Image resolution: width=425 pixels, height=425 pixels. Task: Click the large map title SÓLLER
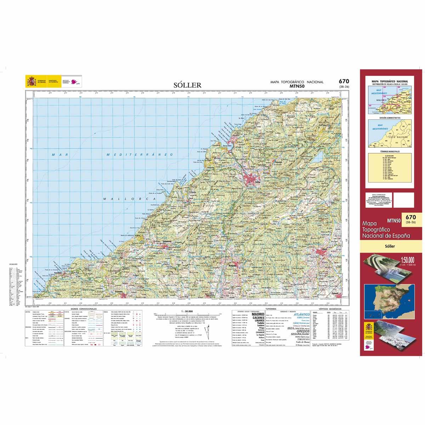pos(187,85)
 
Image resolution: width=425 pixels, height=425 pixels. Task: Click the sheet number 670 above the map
pos(343,81)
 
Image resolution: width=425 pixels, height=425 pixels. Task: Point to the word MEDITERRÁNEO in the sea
pos(140,155)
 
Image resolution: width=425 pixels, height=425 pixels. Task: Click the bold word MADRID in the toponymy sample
pos(258,314)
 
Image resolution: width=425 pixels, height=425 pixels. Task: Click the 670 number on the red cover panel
pos(411,217)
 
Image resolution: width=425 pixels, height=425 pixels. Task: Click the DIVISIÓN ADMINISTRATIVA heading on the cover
pos(390,117)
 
